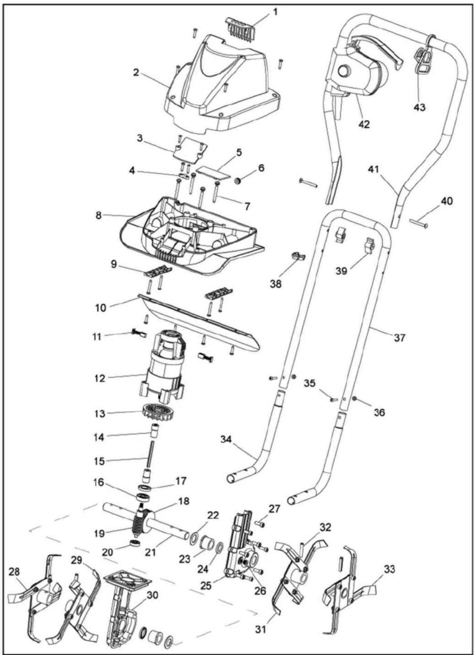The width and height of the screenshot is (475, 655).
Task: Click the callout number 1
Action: pos(275,12)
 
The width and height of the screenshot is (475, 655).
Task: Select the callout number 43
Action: pos(420,107)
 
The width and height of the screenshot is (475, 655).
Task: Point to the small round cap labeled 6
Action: pos(237,181)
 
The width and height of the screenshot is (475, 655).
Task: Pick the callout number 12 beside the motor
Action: pos(100,378)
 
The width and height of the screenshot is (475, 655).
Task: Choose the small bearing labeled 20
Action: pos(135,543)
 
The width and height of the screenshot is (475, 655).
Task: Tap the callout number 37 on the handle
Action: pos(400,338)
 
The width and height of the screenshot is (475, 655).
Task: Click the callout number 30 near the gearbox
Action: pos(152,595)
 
